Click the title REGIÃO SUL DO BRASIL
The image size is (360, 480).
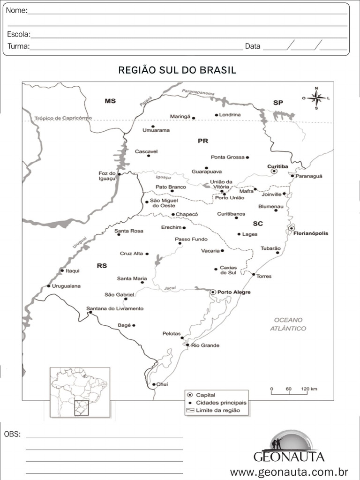pyautogui.click(x=177, y=70)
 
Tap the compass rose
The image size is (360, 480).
pyautogui.click(x=316, y=98)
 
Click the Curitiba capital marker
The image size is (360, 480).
pyautogui.click(x=274, y=172)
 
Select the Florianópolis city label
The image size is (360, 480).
pyautogui.click(x=310, y=233)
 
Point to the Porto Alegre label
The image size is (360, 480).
pyautogui.click(x=234, y=292)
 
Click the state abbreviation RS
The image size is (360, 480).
pyautogui.click(x=102, y=266)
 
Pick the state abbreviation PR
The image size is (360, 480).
pyautogui.click(x=202, y=141)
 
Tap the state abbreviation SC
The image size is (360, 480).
pyautogui.click(x=258, y=224)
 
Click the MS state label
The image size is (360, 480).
pyautogui.click(x=110, y=101)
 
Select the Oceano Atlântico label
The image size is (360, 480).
pyautogui.click(x=288, y=324)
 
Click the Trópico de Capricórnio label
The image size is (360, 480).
pyautogui.click(x=63, y=118)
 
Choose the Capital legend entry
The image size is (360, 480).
pyautogui.click(x=205, y=395)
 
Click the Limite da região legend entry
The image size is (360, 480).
pyautogui.click(x=217, y=410)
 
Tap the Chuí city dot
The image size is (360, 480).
pyautogui.click(x=154, y=384)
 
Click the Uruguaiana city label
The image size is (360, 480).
pyautogui.click(x=66, y=286)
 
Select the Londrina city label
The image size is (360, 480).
pyautogui.click(x=230, y=115)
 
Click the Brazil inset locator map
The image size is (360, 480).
pyautogui.click(x=80, y=392)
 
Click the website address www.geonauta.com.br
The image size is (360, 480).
pyautogui.click(x=289, y=471)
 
